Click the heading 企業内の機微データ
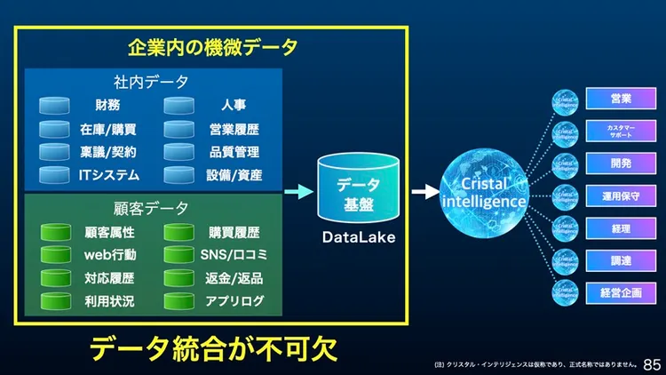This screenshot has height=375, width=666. (212, 47)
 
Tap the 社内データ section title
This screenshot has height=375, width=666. (151, 82)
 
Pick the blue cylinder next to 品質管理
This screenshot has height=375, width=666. (178, 152)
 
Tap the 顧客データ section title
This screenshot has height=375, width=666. (151, 209)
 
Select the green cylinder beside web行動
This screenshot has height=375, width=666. (55, 256)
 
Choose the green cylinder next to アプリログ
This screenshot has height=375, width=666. (178, 301)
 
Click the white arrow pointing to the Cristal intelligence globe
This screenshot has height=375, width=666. (424, 191)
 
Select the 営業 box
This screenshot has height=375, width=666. (621, 99)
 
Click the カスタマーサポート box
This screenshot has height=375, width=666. (621, 131)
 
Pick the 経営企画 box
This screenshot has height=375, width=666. (621, 291)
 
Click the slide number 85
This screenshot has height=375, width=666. (652, 364)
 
